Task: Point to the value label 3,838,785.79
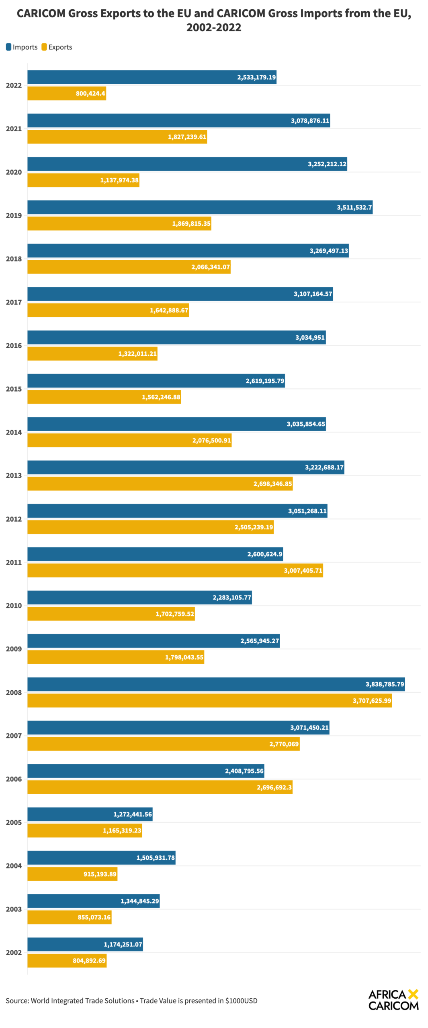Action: (385, 684)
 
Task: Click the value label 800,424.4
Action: (90, 94)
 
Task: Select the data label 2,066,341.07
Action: (211, 267)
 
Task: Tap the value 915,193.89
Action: (100, 874)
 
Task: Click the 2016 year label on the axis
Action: (14, 346)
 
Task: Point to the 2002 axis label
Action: (14, 953)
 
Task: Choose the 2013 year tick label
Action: (14, 475)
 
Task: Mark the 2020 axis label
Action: (14, 172)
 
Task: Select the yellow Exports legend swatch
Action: (44, 47)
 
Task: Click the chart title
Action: (214, 20)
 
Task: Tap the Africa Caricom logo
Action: (393, 1000)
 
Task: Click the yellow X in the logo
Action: (413, 994)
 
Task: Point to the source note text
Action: (131, 1001)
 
